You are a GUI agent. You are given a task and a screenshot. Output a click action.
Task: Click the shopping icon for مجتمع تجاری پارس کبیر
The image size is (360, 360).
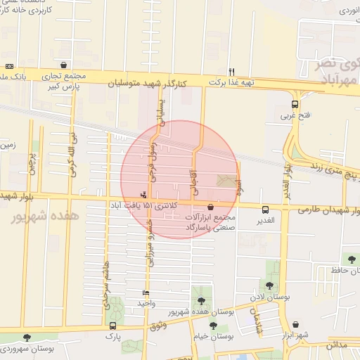pos(64,65)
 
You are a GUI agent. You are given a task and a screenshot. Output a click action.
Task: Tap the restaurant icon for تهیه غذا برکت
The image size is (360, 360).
pos(231,71)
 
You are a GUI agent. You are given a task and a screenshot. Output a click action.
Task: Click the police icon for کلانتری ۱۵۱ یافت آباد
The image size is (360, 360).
pos(144,194)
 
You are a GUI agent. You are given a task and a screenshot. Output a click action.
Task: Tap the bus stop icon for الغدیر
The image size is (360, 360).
pos(265,209)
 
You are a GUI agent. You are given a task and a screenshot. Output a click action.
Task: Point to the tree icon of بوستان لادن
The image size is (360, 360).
pos(269,285)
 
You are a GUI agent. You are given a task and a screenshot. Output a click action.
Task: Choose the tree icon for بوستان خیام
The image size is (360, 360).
pos(213,325)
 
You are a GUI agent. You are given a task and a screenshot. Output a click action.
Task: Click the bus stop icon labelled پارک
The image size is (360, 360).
pos(112,326)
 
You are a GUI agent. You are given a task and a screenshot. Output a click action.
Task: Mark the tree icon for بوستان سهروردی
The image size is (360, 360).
pos(27,337)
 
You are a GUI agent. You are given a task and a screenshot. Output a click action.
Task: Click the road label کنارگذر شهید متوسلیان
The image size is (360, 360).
pos(148,83)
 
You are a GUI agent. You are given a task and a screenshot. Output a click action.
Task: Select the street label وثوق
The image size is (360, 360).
pos(158,326)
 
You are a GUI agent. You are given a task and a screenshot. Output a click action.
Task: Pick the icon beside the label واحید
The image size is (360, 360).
pos(146,292)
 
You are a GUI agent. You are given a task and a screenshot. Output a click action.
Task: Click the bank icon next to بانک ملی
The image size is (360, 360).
pos(8,65)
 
